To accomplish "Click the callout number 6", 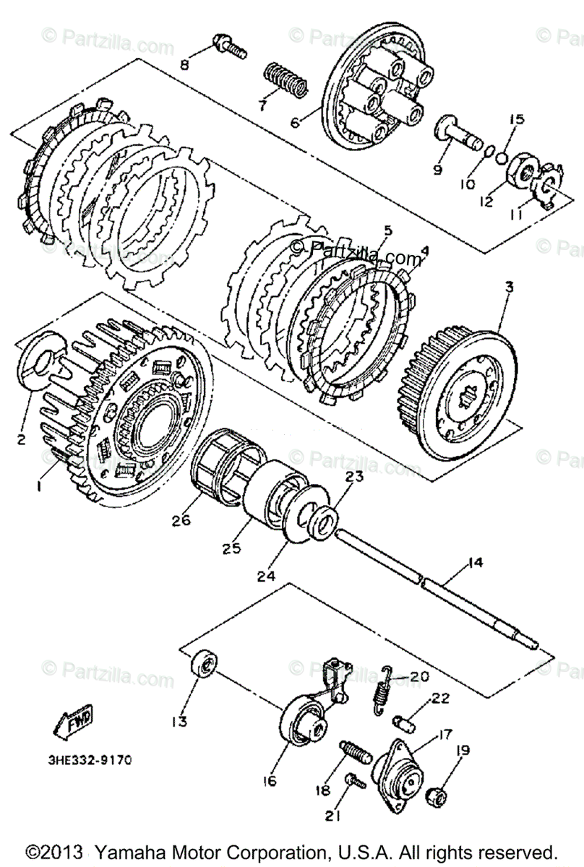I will (x=295, y=123).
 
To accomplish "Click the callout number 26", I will (x=181, y=519).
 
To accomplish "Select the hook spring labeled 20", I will (x=382, y=690).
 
